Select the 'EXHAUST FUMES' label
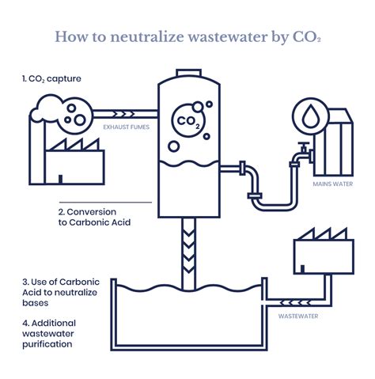point(127,126)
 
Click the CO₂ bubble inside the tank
point(187,121)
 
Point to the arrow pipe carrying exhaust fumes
point(127,112)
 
